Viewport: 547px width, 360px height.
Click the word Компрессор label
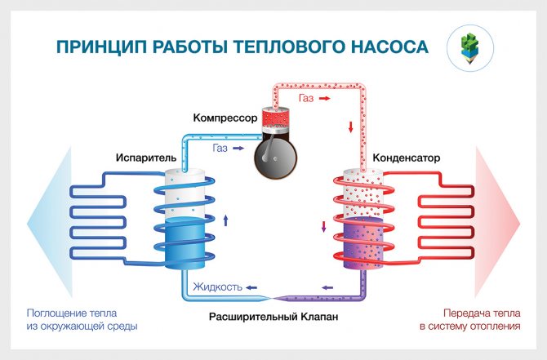tap(225, 118)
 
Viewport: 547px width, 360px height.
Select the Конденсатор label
tap(406, 158)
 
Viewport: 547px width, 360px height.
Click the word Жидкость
tap(217, 287)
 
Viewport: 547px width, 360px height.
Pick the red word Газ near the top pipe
tap(306, 98)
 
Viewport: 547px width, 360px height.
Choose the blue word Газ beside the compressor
tap(220, 149)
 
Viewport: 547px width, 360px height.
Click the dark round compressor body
tap(275, 155)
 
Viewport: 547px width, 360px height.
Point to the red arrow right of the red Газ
tap(324, 98)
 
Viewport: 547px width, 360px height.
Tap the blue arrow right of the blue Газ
tap(238, 149)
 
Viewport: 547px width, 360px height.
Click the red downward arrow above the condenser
tap(351, 127)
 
